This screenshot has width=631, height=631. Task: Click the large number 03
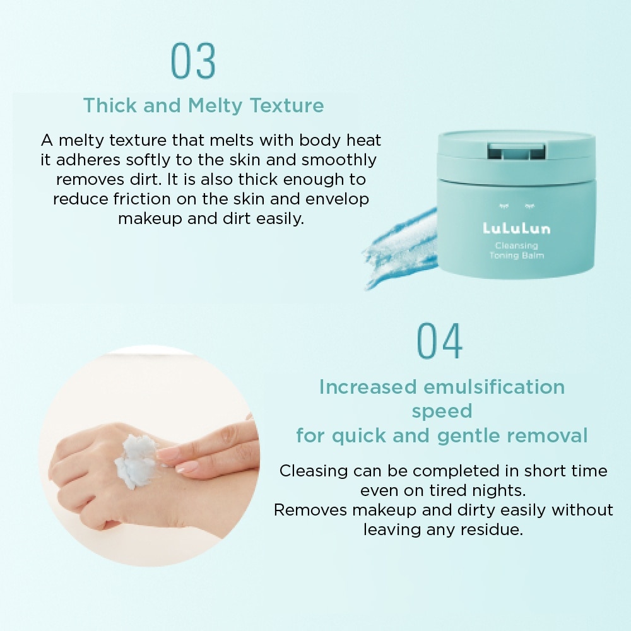click(193, 61)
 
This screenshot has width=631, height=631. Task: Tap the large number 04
click(439, 341)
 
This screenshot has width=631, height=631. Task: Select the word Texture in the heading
click(287, 105)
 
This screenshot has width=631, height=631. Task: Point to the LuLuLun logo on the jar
click(516, 228)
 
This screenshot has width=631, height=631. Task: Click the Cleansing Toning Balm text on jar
click(517, 251)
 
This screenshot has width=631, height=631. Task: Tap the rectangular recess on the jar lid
click(516, 151)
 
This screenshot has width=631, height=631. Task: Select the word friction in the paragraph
click(141, 199)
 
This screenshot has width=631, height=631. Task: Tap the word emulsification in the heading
click(494, 387)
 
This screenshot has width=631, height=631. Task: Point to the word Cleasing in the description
click(314, 471)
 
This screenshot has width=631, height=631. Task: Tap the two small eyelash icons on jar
click(517, 206)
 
